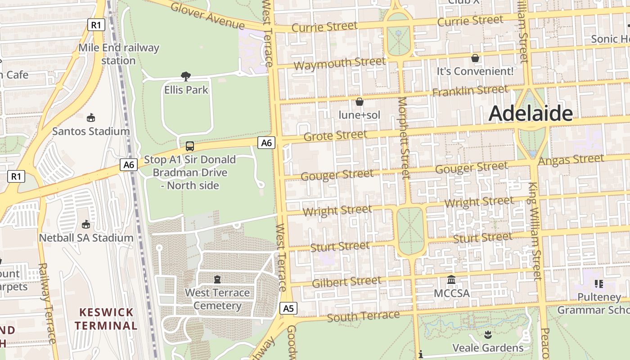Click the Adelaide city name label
pyautogui.click(x=531, y=113)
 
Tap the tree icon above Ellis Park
pyautogui.click(x=185, y=76)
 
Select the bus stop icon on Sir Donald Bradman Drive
pyautogui.click(x=190, y=146)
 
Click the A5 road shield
pyautogui.click(x=288, y=308)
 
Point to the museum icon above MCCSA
pyautogui.click(x=451, y=280)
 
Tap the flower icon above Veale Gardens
pyautogui.click(x=488, y=335)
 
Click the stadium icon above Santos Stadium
pyautogui.click(x=91, y=118)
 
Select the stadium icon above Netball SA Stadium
pyautogui.click(x=85, y=224)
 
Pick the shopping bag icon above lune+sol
pyautogui.click(x=359, y=102)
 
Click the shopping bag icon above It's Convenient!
pyautogui.click(x=475, y=58)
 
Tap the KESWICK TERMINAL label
pyautogui.click(x=106, y=319)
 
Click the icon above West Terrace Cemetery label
pyautogui.click(x=217, y=279)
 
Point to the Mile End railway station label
pyautogui.click(x=119, y=54)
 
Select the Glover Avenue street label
pyautogui.click(x=207, y=15)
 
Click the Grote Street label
pyautogui.click(x=335, y=135)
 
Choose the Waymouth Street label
pyautogui.click(x=339, y=63)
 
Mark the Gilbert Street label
pyautogui.click(x=346, y=282)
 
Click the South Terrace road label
pyautogui.click(x=363, y=316)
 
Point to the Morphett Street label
pyautogui.click(x=404, y=137)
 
